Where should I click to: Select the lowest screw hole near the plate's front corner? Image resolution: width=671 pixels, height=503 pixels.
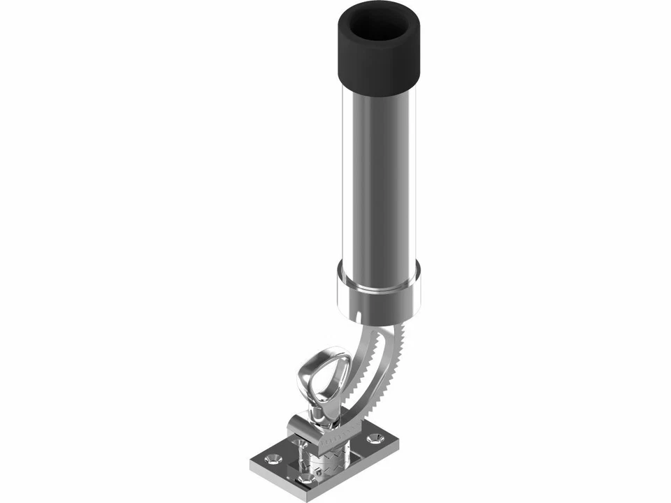tap(306, 479)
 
